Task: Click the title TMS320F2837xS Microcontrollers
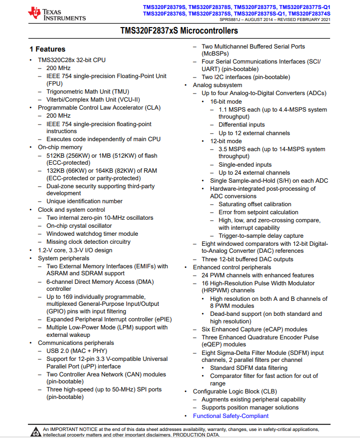point(179,31)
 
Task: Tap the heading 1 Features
point(47,49)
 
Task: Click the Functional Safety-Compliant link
point(230,416)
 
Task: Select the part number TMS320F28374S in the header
point(309,14)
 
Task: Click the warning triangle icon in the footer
point(35,431)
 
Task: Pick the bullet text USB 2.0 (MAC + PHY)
point(76,351)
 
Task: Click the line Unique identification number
point(84,201)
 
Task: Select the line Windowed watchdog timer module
point(92,234)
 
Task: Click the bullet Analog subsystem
point(217,85)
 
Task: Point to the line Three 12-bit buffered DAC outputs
point(247,259)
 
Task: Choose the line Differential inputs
point(241,125)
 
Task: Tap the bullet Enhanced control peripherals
point(232,267)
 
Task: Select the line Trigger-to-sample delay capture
point(261,236)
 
